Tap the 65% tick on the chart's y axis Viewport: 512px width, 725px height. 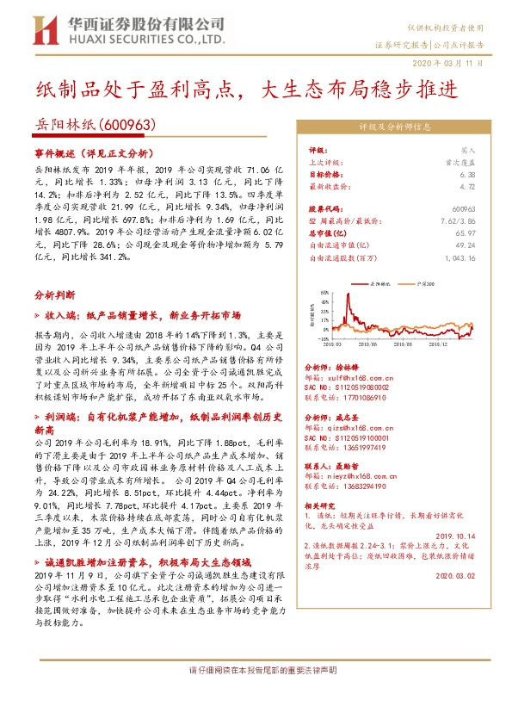(x=324, y=292)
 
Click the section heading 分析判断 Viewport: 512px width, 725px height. (x=53, y=294)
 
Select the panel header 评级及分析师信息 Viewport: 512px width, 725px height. (x=394, y=127)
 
